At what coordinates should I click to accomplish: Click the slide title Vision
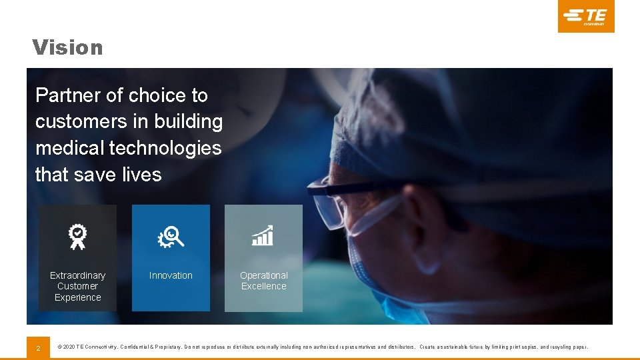coord(67,48)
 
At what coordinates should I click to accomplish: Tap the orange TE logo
coord(585,16)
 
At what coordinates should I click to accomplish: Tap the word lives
coord(141,175)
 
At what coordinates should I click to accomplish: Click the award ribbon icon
coord(77,236)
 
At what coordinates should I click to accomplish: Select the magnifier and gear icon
coord(171,236)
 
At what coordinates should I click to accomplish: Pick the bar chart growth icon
coord(263,235)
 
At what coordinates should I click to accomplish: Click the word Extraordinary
coord(77,275)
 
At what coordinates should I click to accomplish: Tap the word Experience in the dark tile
coord(77,297)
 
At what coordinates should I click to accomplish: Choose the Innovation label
coord(171,275)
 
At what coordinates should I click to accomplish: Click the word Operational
coord(264,275)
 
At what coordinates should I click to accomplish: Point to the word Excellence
coord(264,286)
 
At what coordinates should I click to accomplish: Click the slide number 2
coord(38,347)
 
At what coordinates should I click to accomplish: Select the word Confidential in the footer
coord(141,347)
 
